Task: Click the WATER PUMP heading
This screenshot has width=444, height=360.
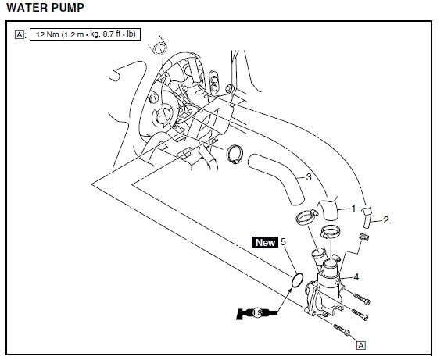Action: click(x=45, y=8)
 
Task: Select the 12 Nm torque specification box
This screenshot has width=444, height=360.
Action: click(x=85, y=34)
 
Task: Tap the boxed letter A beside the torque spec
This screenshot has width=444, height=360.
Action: click(x=20, y=35)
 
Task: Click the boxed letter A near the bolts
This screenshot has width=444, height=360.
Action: click(x=361, y=345)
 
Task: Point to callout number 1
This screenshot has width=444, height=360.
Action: click(x=353, y=209)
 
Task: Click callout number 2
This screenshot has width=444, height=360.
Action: click(x=386, y=220)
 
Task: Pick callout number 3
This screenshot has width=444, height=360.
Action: click(x=309, y=177)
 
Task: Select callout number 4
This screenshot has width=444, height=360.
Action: click(x=356, y=277)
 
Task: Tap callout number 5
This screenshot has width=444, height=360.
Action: click(x=283, y=242)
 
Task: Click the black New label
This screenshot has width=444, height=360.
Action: click(x=265, y=242)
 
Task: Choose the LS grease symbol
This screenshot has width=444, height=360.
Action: click(x=256, y=313)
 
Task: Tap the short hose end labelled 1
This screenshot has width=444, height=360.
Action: click(x=328, y=209)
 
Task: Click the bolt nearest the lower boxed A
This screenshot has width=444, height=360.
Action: click(x=342, y=330)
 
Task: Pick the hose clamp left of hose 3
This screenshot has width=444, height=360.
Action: click(x=235, y=154)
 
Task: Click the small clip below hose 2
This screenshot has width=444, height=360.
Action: click(x=363, y=237)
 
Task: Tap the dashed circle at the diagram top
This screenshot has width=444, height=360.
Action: click(x=159, y=48)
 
